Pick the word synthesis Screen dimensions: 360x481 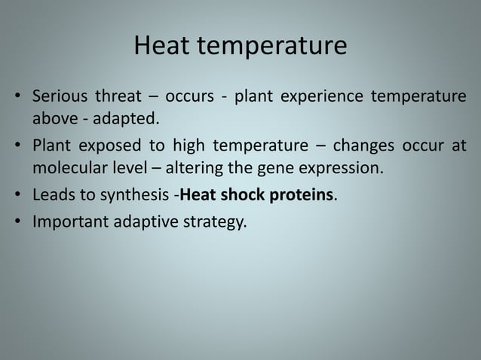[x=138, y=196]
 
